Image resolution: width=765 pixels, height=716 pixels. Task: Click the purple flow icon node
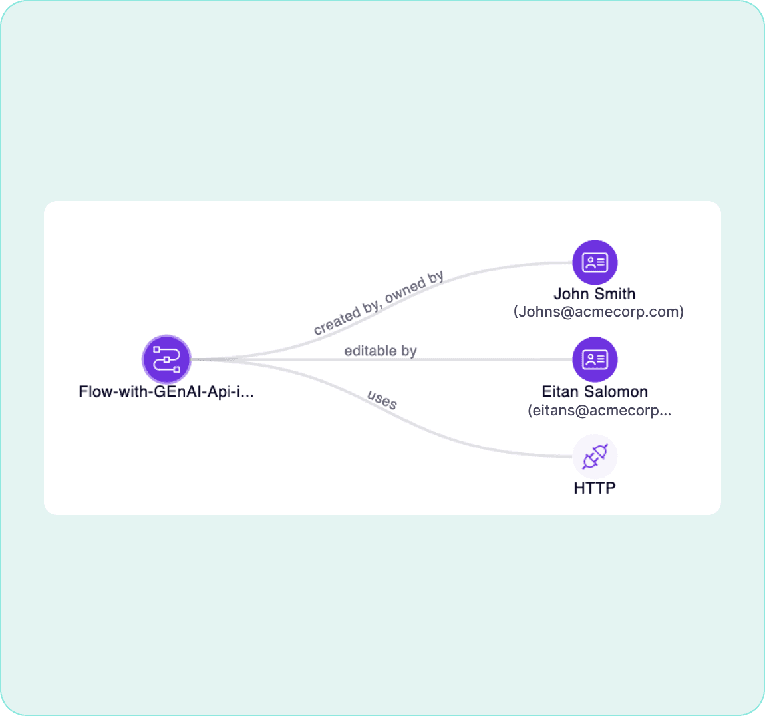pos(166,359)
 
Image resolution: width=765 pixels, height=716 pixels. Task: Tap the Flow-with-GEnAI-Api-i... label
pos(166,391)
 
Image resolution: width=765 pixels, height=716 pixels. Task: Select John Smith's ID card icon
pos(595,262)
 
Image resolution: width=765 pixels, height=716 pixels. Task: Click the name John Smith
pos(594,293)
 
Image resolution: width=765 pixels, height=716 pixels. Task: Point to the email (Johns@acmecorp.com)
pos(598,311)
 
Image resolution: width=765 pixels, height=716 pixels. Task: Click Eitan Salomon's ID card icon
pos(595,360)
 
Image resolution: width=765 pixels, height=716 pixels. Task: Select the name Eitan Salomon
pos(595,391)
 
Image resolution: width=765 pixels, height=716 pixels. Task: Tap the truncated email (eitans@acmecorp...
pos(599,410)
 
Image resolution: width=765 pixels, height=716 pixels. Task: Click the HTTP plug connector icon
pos(595,457)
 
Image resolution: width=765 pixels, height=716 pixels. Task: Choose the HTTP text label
pos(595,488)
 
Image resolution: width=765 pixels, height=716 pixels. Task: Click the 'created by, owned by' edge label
pos(379,303)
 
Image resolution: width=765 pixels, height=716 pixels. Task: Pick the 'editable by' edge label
pos(381,351)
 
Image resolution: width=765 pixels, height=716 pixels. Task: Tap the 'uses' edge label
pos(382,399)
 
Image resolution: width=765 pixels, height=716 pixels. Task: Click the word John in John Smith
pos(571,293)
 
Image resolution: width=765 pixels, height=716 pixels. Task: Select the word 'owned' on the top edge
pos(405,291)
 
